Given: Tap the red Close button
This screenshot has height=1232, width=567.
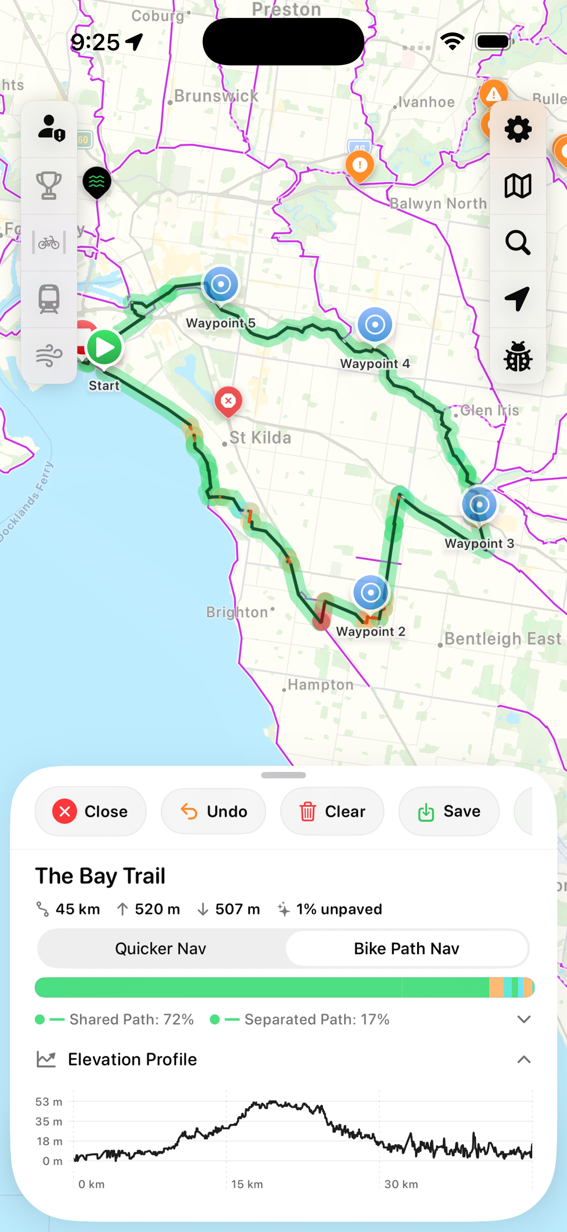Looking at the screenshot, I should pyautogui.click(x=90, y=811).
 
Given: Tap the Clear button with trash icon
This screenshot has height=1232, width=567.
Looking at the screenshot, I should pyautogui.click(x=332, y=811).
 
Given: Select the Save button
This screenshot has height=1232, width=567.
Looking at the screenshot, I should pyautogui.click(x=449, y=811).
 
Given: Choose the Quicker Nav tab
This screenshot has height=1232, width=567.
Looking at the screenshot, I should pyautogui.click(x=161, y=948).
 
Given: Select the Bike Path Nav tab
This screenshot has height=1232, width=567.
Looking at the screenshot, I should pyautogui.click(x=406, y=948).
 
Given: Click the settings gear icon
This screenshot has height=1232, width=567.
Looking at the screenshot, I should pyautogui.click(x=518, y=129).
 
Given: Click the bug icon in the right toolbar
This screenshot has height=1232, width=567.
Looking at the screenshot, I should pyautogui.click(x=518, y=356).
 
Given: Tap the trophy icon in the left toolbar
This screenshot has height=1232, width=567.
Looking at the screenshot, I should pyautogui.click(x=49, y=186).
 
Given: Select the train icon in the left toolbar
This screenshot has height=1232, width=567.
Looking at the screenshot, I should pyautogui.click(x=49, y=299).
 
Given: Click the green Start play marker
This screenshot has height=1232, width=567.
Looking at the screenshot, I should pyautogui.click(x=105, y=348).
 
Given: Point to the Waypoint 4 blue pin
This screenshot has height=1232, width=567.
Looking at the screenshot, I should pyautogui.click(x=375, y=325).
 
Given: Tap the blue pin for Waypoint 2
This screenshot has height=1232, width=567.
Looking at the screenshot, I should pyautogui.click(x=371, y=592).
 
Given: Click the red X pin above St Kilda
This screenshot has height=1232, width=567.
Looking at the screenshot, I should pyautogui.click(x=228, y=401).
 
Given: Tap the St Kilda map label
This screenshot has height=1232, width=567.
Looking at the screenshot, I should pyautogui.click(x=260, y=438).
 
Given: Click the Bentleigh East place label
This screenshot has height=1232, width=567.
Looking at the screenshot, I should pyautogui.click(x=503, y=638).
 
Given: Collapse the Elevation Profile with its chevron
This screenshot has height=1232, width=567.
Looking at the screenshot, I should pyautogui.click(x=524, y=1060).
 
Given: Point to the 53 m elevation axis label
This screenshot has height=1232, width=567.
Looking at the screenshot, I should pyautogui.click(x=49, y=1102).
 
